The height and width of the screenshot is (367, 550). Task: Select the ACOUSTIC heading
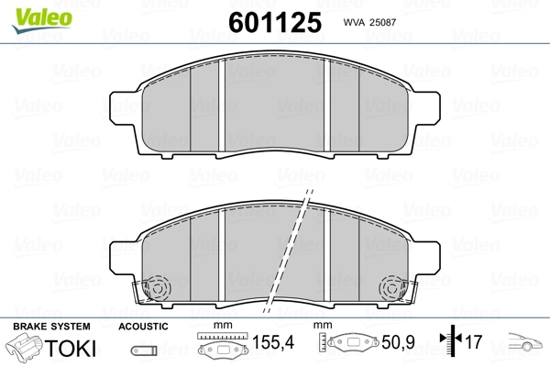pos(143,327)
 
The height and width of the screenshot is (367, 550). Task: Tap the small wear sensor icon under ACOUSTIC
pos(141,349)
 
